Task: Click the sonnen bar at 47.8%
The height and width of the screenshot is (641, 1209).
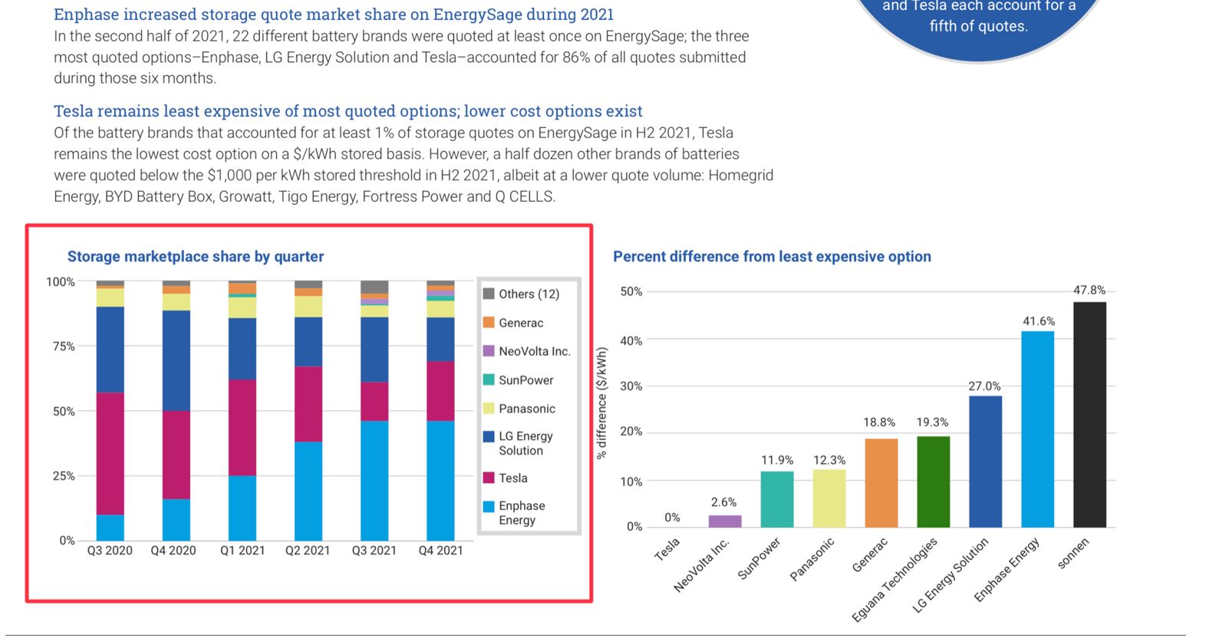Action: coord(1089,414)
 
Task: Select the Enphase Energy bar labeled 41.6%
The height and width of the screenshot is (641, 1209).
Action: coord(1037,429)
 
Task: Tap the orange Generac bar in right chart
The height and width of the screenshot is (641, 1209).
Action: coord(881,483)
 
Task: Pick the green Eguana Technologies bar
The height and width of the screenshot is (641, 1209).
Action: coord(933,482)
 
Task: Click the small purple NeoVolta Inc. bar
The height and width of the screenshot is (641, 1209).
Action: coord(724,521)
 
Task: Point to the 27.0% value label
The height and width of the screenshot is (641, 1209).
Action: coord(984,386)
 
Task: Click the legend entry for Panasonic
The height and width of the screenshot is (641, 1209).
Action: coord(526,409)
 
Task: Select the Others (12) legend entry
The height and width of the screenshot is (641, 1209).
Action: coord(529,294)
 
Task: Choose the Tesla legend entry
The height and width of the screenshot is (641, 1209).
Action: coord(512,478)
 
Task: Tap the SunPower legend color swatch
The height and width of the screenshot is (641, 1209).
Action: coord(489,380)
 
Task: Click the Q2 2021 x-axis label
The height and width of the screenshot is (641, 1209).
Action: coord(308,551)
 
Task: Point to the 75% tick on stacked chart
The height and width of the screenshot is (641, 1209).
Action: coord(64,347)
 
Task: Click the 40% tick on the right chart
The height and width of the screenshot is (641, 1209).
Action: coord(631,340)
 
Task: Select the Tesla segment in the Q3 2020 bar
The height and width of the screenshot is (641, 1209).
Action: coord(110,453)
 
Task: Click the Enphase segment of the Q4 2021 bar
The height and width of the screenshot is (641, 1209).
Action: coord(440,480)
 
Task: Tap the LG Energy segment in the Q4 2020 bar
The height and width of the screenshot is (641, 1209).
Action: coord(176,360)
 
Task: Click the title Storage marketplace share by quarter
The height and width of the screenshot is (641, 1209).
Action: coord(196,257)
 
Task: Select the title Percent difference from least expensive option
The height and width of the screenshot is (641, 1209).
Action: coord(772,257)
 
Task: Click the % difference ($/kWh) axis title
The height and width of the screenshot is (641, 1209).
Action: coord(602,403)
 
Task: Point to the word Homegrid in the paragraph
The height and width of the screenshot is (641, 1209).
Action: coord(740,176)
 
